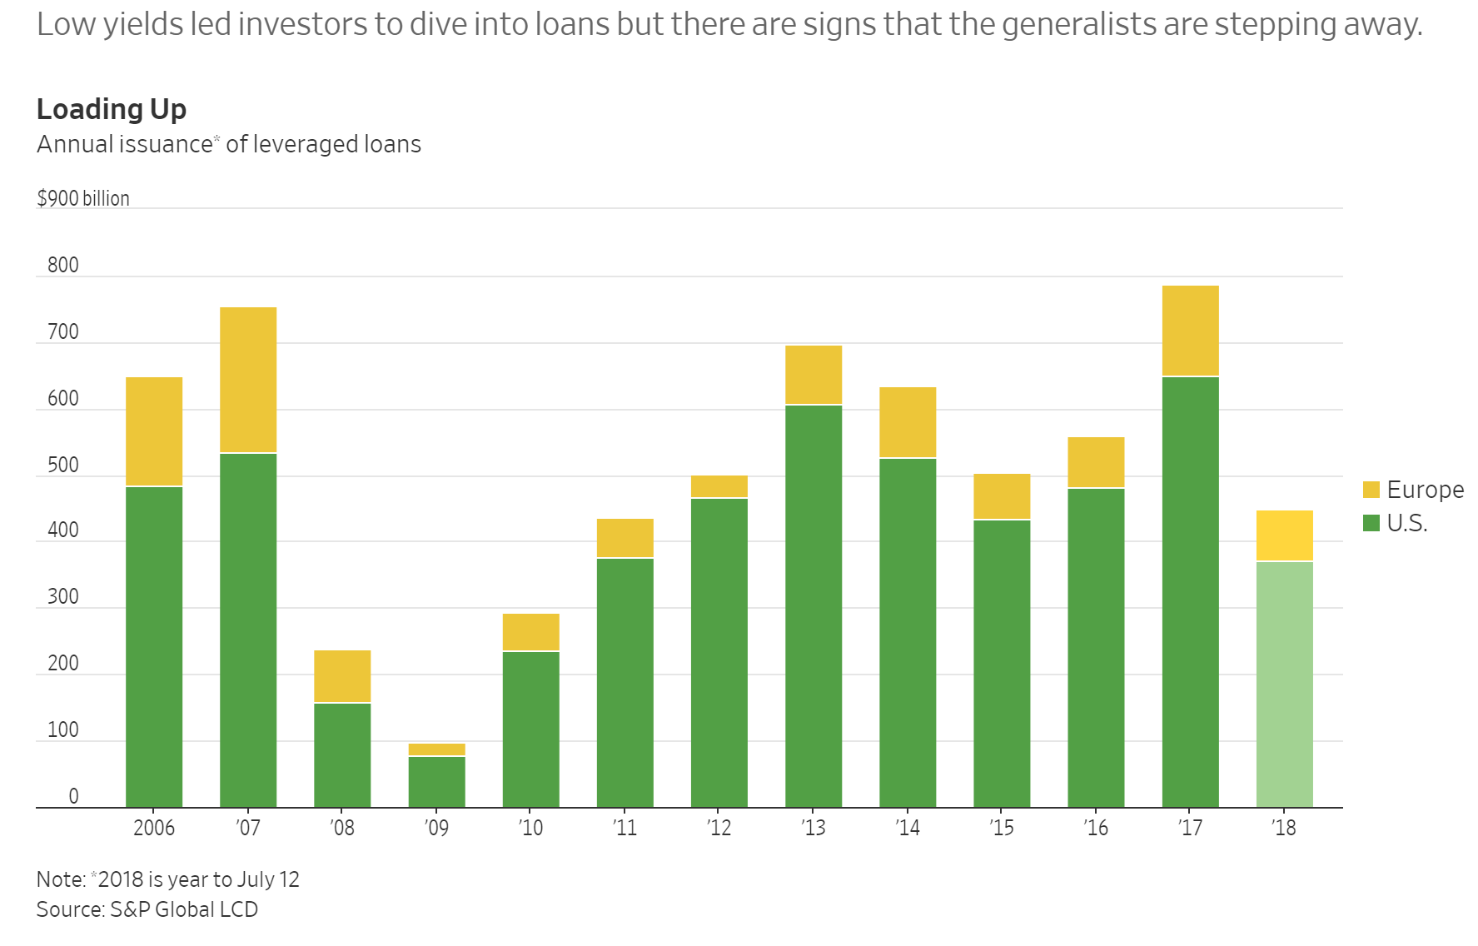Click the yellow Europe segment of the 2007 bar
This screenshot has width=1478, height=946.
pyautogui.click(x=248, y=380)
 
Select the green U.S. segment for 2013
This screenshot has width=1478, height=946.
pyautogui.click(x=814, y=606)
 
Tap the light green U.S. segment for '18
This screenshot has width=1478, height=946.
pyautogui.click(x=1285, y=685)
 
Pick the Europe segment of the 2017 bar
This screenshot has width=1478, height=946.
pyautogui.click(x=1191, y=331)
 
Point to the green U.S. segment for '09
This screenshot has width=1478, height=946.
pyautogui.click(x=436, y=782)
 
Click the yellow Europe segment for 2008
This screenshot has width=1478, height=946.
pyautogui.click(x=342, y=676)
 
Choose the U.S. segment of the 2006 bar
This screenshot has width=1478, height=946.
pyautogui.click(x=154, y=647)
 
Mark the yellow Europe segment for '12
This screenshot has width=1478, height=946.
pyautogui.click(x=719, y=486)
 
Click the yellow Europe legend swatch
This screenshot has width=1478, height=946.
pyautogui.click(x=1371, y=490)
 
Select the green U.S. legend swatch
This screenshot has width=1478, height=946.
pyautogui.click(x=1371, y=523)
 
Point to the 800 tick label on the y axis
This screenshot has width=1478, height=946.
pyautogui.click(x=63, y=265)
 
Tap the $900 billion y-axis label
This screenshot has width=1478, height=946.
pyautogui.click(x=83, y=198)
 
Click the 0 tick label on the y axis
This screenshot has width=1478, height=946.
pyautogui.click(x=73, y=796)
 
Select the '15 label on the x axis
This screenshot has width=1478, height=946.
pyautogui.click(x=1002, y=828)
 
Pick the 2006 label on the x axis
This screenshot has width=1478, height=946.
pyautogui.click(x=154, y=828)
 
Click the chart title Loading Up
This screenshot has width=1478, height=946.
pyautogui.click(x=112, y=109)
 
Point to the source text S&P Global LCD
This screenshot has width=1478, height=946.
pyautogui.click(x=184, y=909)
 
